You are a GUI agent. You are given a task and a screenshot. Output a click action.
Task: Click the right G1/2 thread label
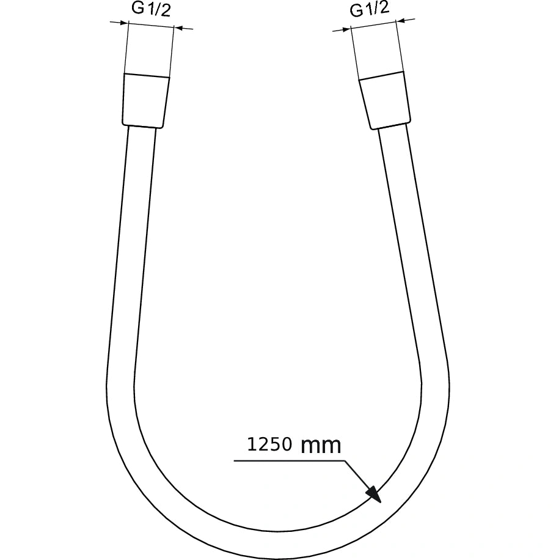pyautogui.click(x=369, y=10)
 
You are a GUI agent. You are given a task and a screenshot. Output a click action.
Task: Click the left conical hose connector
pyautogui.click(x=146, y=101)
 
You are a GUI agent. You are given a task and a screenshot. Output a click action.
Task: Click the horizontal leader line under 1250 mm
pyautogui.click(x=287, y=462)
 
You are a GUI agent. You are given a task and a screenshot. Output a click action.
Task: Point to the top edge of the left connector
pyautogui.click(x=147, y=75)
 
